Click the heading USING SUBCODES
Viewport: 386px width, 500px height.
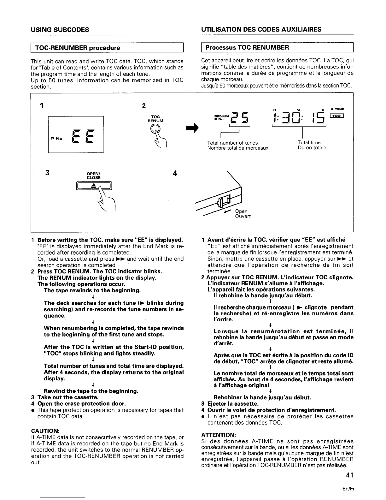coord(60,30)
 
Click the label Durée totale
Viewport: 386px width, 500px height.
coord(312,148)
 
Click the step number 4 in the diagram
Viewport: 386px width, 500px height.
coord(175,173)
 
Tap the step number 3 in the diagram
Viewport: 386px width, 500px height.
coord(47,173)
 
